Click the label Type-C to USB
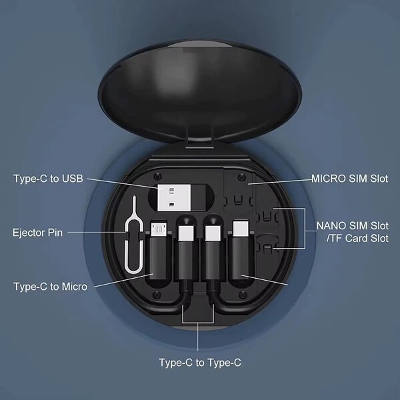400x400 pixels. (49, 178)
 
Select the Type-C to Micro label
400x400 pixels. (50, 287)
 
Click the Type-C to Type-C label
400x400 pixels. (199, 363)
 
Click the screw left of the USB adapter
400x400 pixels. (155, 177)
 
